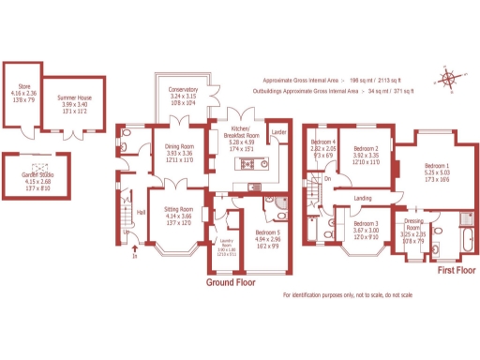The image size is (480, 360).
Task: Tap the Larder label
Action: [x=277, y=133]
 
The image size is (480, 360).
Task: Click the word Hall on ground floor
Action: [x=141, y=212]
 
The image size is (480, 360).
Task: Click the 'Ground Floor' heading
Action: [x=232, y=281]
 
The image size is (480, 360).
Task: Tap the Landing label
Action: [x=363, y=198]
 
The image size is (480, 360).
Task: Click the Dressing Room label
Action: [x=413, y=224]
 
